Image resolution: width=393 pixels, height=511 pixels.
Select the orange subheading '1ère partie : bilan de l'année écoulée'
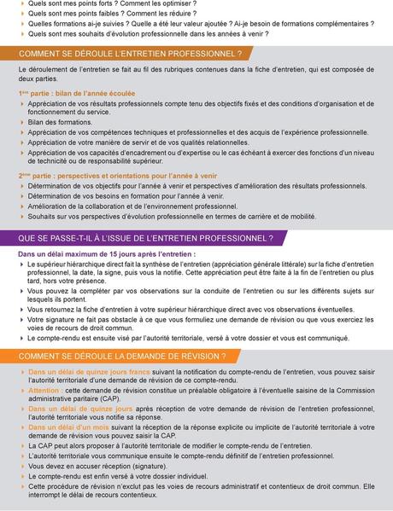coord(76,93)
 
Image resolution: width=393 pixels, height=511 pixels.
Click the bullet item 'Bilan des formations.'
coord(60,122)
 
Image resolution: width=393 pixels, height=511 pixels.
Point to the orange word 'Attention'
coord(44,389)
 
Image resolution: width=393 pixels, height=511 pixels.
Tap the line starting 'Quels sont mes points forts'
coord(111,4)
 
